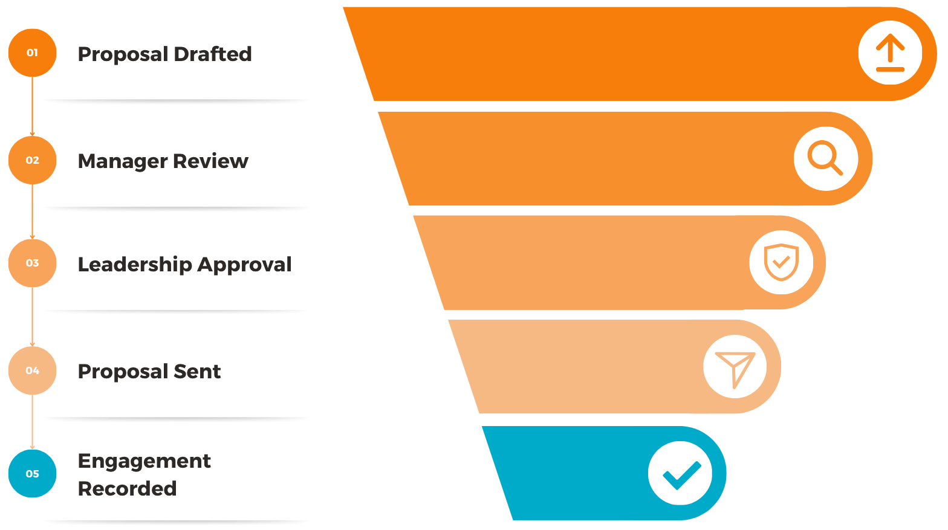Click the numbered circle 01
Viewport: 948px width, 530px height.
(32, 53)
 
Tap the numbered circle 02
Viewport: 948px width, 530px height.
(32, 160)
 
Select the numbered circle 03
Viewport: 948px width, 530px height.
(32, 263)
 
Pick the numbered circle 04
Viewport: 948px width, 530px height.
(32, 370)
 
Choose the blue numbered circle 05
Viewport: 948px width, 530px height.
(32, 474)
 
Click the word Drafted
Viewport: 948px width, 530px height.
(212, 54)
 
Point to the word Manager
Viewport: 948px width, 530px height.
(123, 161)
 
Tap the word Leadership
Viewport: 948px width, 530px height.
(135, 265)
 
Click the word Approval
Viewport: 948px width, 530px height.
(244, 265)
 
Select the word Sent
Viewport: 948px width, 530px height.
(197, 372)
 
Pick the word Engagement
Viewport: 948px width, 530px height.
(144, 462)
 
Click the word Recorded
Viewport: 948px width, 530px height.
(128, 489)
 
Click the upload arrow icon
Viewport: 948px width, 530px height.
(890, 53)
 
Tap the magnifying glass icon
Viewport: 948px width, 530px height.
(825, 157)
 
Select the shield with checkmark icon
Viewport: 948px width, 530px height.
(781, 262)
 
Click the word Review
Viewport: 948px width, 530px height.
(210, 161)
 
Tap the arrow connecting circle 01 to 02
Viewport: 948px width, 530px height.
(32, 106)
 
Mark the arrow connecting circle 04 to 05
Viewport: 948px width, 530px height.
(32, 422)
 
